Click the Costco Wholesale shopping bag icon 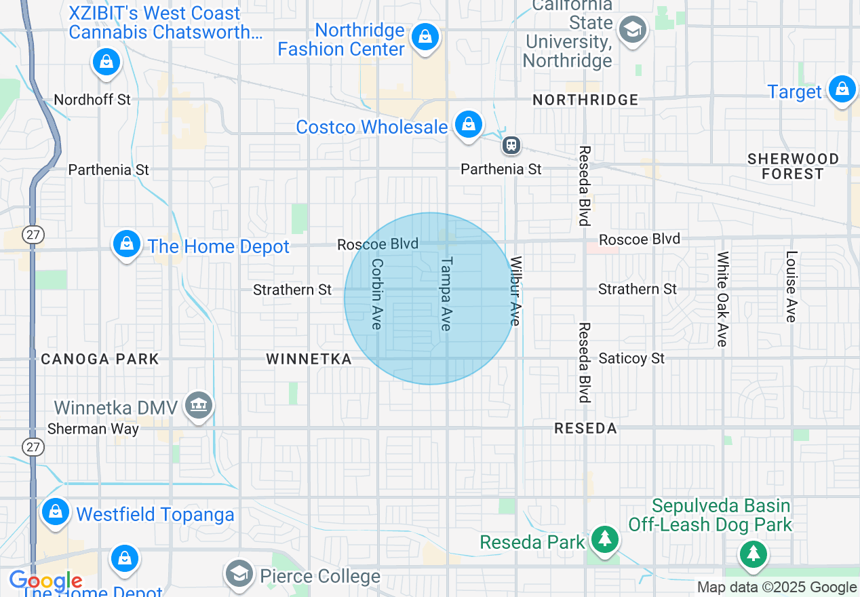468,124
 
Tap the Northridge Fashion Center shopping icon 425,37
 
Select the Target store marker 842,89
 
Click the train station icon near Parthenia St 511,145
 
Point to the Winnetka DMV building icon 199,406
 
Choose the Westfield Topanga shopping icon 56,512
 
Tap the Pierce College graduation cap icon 239,573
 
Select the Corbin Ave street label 377,294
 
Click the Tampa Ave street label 446,293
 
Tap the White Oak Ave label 722,298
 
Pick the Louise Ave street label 791,286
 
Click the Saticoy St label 631,358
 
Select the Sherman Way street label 93,429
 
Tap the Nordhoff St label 92,100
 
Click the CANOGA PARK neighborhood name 100,359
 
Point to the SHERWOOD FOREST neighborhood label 793,166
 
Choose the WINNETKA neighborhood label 309,359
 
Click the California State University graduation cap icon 633,30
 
